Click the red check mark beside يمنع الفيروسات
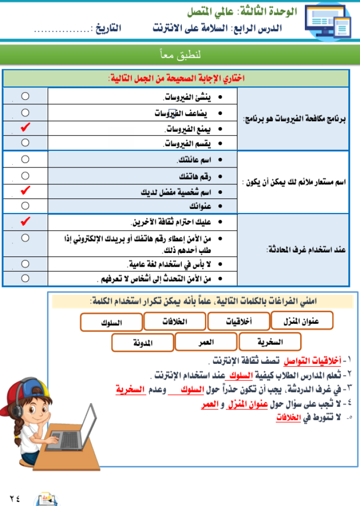pos(25,128)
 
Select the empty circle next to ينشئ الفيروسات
pos(25,96)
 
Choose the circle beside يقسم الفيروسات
pos(25,143)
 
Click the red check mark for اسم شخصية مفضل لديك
pos(25,191)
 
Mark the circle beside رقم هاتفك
pos(25,175)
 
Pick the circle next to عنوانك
pos(25,205)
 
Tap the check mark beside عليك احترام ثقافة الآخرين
pos(25,221)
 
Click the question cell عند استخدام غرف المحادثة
pos(294,250)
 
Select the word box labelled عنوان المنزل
pos(302,320)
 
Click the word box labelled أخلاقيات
pos(238,321)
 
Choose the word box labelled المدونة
pos(142,343)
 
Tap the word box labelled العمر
pos(206,343)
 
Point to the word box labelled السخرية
pos(269,342)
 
